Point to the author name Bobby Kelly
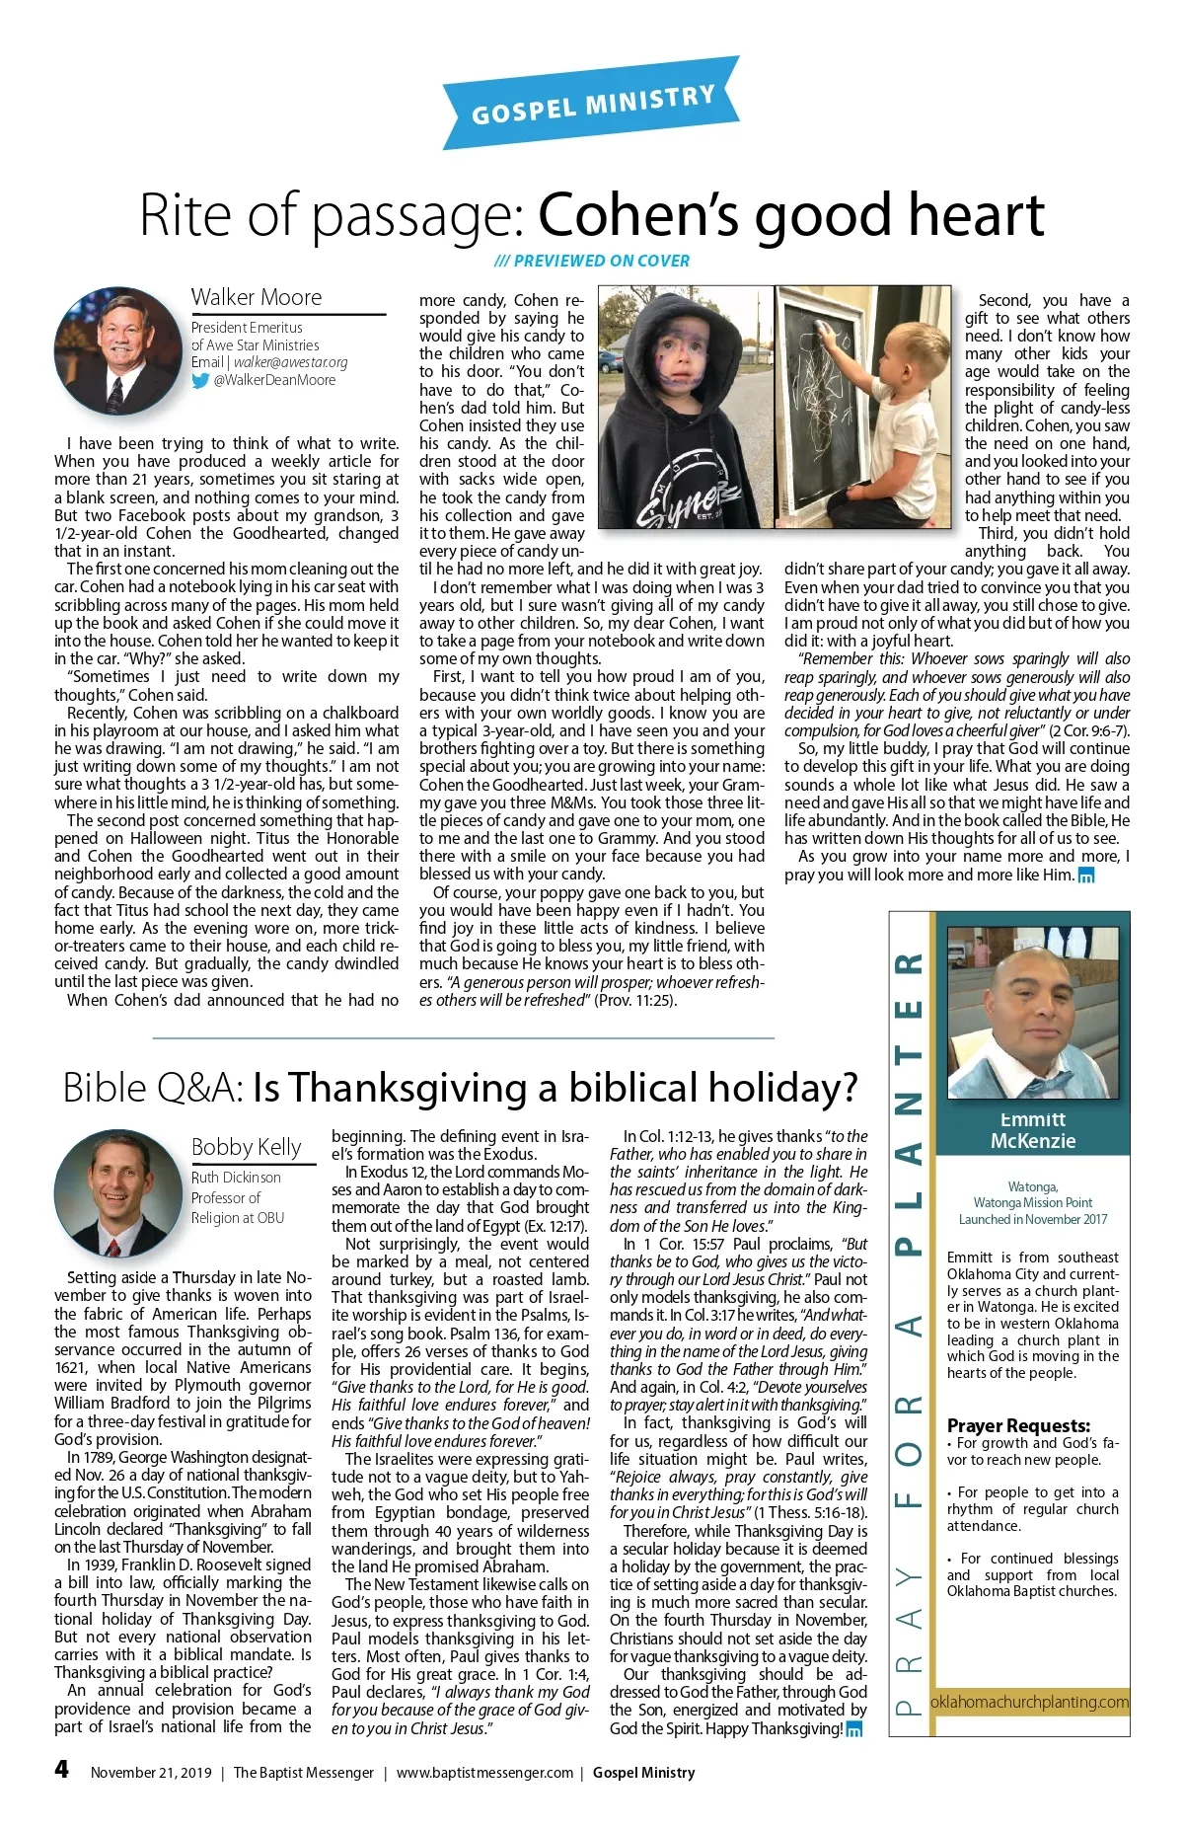(246, 1146)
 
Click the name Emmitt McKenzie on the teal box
(1032, 1130)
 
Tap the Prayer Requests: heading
(1018, 1425)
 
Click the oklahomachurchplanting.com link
(1029, 1702)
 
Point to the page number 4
(62, 1770)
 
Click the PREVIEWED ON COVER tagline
(592, 261)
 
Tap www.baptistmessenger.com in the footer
(484, 1773)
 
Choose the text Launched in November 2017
(1032, 1219)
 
